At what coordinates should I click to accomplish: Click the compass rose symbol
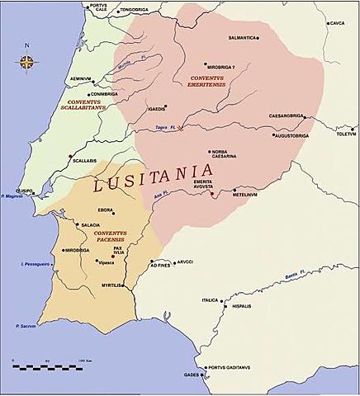click(28, 62)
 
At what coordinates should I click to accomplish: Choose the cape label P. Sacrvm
click(27, 328)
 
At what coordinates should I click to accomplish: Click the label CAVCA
click(337, 23)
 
